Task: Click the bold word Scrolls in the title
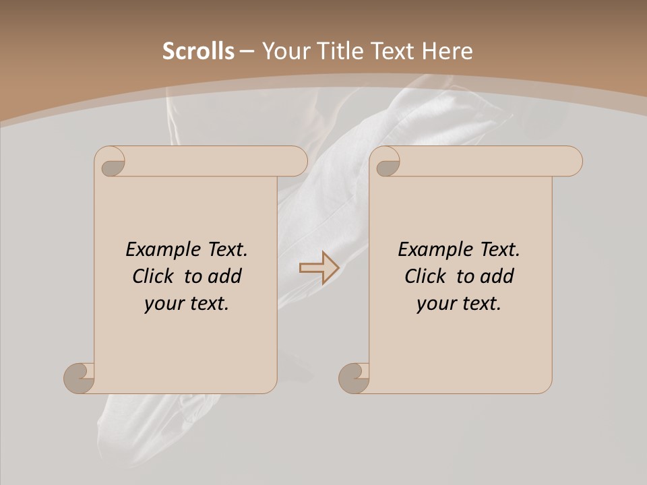[x=198, y=51]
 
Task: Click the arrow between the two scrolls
[x=319, y=267]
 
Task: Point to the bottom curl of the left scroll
[x=80, y=378]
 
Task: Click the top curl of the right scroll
[x=388, y=162]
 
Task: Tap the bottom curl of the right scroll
[x=355, y=378]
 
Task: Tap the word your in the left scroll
[x=162, y=304]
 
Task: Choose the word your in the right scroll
[x=435, y=304]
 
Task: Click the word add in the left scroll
[x=225, y=276]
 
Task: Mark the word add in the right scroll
[x=497, y=276]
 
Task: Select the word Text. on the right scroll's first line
[x=499, y=250]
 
